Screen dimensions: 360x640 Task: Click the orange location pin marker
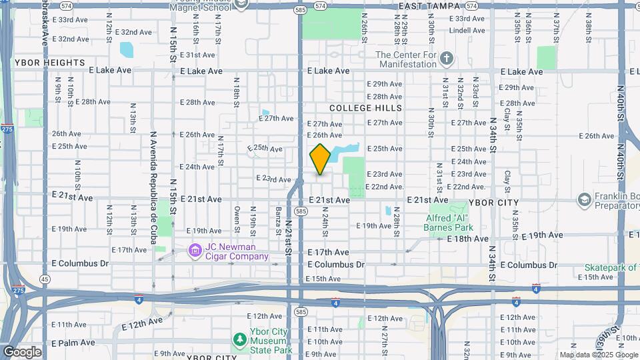click(x=320, y=159)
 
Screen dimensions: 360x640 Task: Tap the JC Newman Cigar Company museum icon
click(x=195, y=251)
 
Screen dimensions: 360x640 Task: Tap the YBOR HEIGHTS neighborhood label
click(x=44, y=63)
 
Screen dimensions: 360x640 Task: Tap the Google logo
click(x=21, y=352)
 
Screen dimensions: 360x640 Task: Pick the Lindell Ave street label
click(x=466, y=31)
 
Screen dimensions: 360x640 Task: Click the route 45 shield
click(x=45, y=279)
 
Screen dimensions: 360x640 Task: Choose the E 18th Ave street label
click(x=468, y=238)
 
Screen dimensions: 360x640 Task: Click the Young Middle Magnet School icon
click(x=241, y=4)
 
